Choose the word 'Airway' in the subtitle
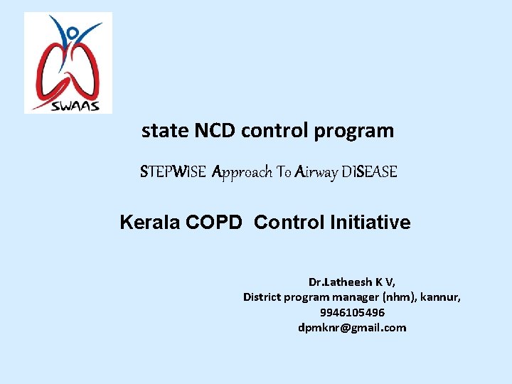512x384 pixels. coord(318,172)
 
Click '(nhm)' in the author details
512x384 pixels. coord(400,297)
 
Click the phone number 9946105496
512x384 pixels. coord(352,313)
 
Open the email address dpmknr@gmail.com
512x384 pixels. coord(352,328)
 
